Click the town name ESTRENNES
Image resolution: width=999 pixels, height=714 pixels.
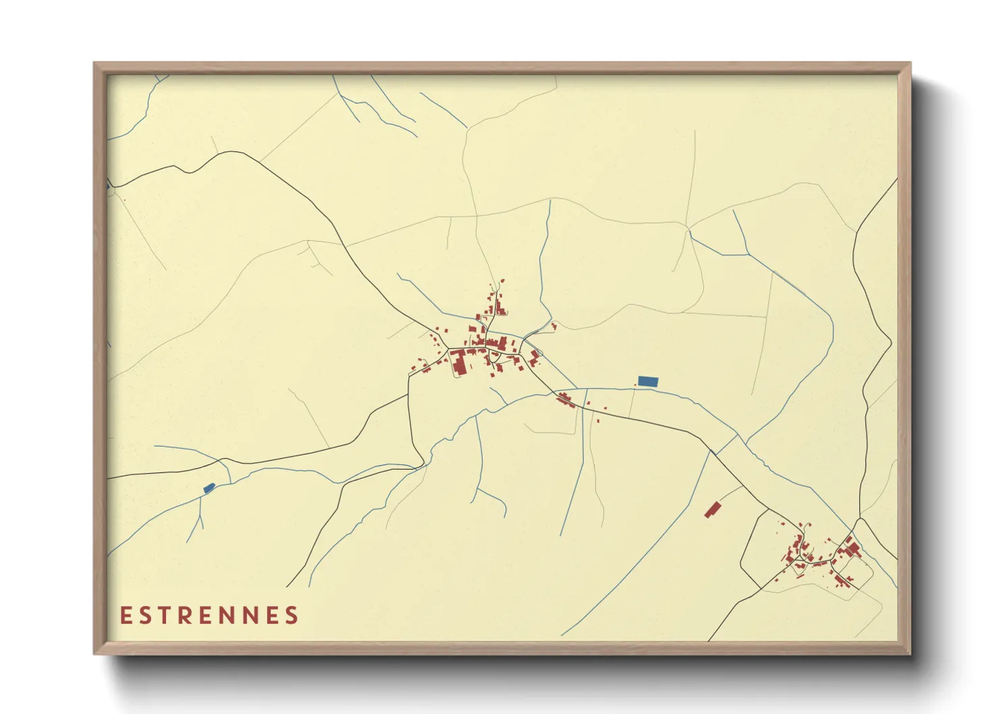209,615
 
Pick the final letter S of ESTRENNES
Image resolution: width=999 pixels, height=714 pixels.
292,615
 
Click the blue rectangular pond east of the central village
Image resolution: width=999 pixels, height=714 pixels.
648,381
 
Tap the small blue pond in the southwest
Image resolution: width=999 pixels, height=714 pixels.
209,487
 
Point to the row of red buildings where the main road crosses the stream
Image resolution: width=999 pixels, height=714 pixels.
564,400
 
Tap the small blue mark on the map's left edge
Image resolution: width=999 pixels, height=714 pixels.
108,184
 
